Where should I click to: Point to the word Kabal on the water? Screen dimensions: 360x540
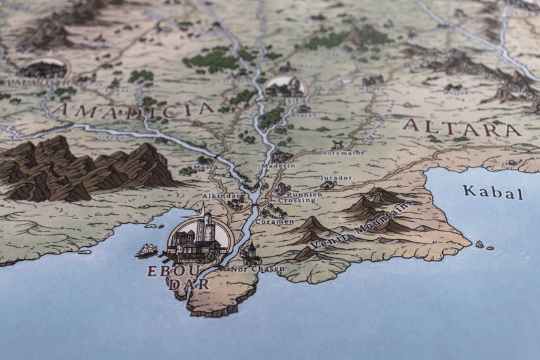click(x=493, y=192)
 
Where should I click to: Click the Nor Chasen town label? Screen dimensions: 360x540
click(x=258, y=269)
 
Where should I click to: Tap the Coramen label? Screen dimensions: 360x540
click(x=275, y=222)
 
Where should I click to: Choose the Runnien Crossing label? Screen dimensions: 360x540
click(x=297, y=198)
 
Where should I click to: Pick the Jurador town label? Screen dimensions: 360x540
click(x=336, y=178)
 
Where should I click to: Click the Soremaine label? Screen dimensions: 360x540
click(x=343, y=153)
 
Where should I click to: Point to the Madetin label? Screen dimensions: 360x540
click(x=278, y=165)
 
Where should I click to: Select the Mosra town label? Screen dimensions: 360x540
click(x=205, y=167)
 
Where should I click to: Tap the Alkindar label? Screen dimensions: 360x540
click(x=218, y=196)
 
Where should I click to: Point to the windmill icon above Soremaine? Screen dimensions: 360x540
click(x=337, y=144)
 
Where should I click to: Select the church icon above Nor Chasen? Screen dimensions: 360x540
click(x=250, y=253)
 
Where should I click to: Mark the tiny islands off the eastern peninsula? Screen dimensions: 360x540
click(x=484, y=245)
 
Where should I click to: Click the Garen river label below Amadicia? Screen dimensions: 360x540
click(x=107, y=136)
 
